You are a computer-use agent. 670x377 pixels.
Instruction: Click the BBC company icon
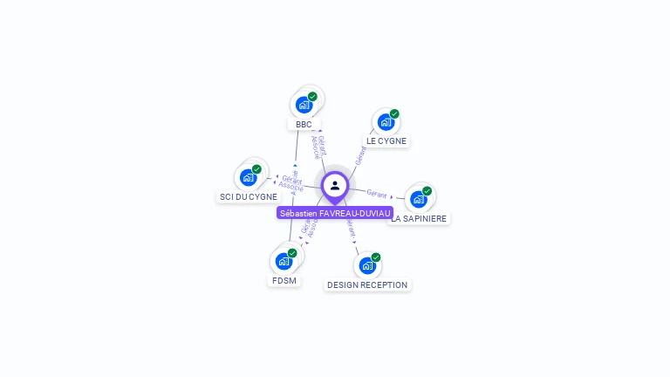pyautogui.click(x=304, y=105)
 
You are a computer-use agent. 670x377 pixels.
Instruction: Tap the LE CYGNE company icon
pyautogui.click(x=386, y=122)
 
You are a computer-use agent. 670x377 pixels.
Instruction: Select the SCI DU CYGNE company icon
pyautogui.click(x=248, y=178)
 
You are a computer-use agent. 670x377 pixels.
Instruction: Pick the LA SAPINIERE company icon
pyautogui.click(x=418, y=199)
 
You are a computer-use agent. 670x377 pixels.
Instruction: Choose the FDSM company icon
pyautogui.click(x=284, y=261)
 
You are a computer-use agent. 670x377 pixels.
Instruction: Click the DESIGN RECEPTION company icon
pyautogui.click(x=367, y=264)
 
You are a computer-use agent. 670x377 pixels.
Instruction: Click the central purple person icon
pyautogui.click(x=335, y=186)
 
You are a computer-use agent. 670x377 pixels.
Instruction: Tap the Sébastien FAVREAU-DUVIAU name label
pyautogui.click(x=335, y=213)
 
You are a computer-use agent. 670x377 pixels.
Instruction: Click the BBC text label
pyautogui.click(x=304, y=125)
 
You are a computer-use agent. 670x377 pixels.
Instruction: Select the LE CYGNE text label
pyautogui.click(x=386, y=141)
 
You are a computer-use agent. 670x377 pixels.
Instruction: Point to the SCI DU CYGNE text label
pyautogui.click(x=248, y=197)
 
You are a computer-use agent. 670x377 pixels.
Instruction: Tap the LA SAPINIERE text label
pyautogui.click(x=420, y=218)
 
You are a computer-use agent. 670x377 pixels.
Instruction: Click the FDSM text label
pyautogui.click(x=284, y=281)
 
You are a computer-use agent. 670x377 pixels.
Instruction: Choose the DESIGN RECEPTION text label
pyautogui.click(x=367, y=284)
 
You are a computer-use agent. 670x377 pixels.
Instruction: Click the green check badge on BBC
pyautogui.click(x=312, y=96)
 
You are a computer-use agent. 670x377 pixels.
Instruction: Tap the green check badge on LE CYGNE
pyautogui.click(x=394, y=113)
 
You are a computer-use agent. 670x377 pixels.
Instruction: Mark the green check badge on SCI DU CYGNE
pyautogui.click(x=256, y=169)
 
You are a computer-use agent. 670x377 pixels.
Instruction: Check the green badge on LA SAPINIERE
pyautogui.click(x=427, y=190)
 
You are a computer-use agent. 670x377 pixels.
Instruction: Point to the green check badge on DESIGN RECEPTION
pyautogui.click(x=376, y=257)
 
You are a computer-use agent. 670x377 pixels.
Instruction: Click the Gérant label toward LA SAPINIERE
pyautogui.click(x=377, y=193)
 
